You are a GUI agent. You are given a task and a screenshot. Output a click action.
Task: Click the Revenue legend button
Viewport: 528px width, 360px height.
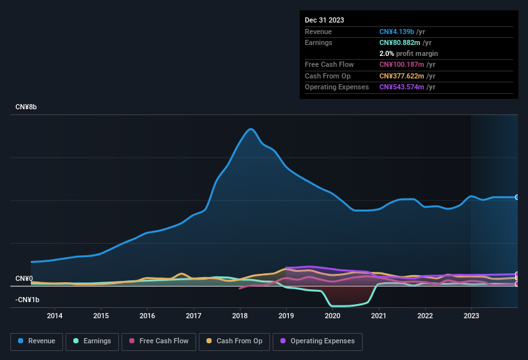click(36, 341)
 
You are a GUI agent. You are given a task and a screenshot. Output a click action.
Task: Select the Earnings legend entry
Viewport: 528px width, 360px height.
click(92, 341)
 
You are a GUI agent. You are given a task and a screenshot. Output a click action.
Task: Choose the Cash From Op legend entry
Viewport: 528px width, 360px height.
click(233, 341)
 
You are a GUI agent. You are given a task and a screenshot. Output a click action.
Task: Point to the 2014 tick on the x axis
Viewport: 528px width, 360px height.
click(55, 316)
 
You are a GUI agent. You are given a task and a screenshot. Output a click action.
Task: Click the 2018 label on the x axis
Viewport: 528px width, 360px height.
click(240, 316)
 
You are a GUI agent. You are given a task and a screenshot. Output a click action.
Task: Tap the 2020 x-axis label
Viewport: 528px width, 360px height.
click(332, 316)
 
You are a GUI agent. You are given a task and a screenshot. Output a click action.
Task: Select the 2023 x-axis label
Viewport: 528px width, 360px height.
click(471, 316)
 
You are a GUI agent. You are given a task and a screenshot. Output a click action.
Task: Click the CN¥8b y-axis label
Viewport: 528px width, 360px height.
click(26, 107)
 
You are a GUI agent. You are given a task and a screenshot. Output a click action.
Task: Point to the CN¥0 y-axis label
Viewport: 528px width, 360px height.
click(24, 278)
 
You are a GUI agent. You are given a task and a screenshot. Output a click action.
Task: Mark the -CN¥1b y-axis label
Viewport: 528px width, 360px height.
click(27, 300)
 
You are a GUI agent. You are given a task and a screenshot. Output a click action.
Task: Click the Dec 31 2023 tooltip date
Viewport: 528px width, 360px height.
click(324, 20)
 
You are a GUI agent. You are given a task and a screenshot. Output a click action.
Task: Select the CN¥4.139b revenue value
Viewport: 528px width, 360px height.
click(397, 32)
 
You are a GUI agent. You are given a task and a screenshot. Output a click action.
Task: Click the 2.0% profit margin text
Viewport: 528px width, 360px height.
click(408, 53)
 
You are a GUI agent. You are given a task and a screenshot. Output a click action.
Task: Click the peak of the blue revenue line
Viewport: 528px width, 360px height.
click(251, 129)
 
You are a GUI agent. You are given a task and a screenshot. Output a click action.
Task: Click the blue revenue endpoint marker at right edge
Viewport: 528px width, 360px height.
click(517, 197)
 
